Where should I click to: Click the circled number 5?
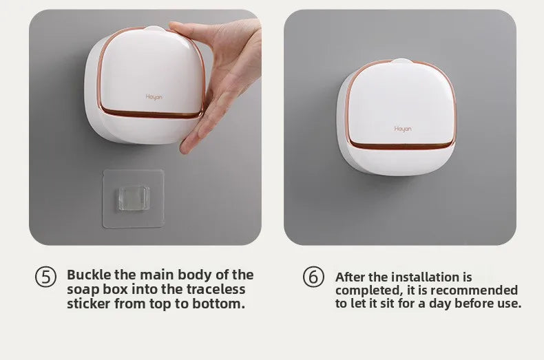tap(45, 277)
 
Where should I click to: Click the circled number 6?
tap(313, 277)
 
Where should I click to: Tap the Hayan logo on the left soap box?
tap(154, 97)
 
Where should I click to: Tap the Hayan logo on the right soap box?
tap(403, 129)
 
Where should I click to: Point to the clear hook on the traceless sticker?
tap(134, 198)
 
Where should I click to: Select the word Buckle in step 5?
tap(89, 275)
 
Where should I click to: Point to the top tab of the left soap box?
tap(154, 29)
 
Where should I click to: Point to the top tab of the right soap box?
tap(401, 61)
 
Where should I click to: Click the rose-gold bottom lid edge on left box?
tap(152, 114)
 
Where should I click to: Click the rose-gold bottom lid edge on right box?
tap(401, 146)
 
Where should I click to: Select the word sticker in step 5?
tap(89, 304)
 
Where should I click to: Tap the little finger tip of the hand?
tap(185, 150)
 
